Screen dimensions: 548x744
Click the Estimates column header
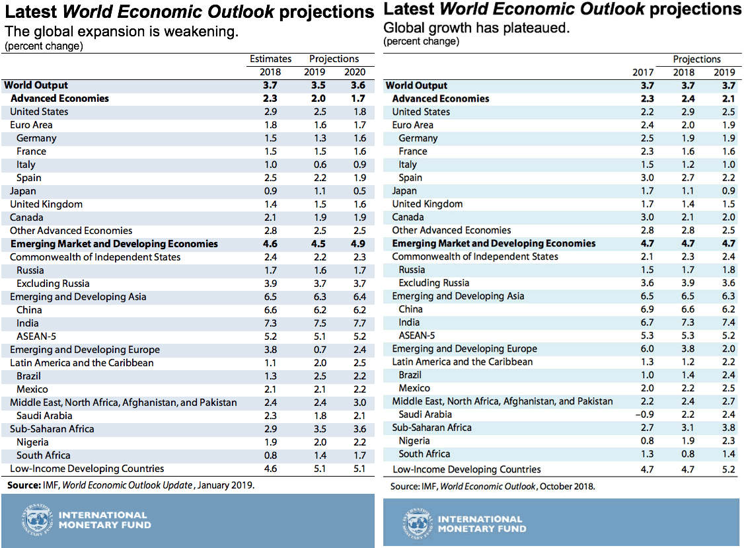pyautogui.click(x=271, y=59)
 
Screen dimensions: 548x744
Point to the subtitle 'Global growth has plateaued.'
pyautogui.click(x=475, y=28)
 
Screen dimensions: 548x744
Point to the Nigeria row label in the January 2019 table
pyautogui.click(x=32, y=442)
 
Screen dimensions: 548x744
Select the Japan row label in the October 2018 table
pyautogui.click(x=404, y=191)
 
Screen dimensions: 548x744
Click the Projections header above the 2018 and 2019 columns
pyautogui.click(x=697, y=59)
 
